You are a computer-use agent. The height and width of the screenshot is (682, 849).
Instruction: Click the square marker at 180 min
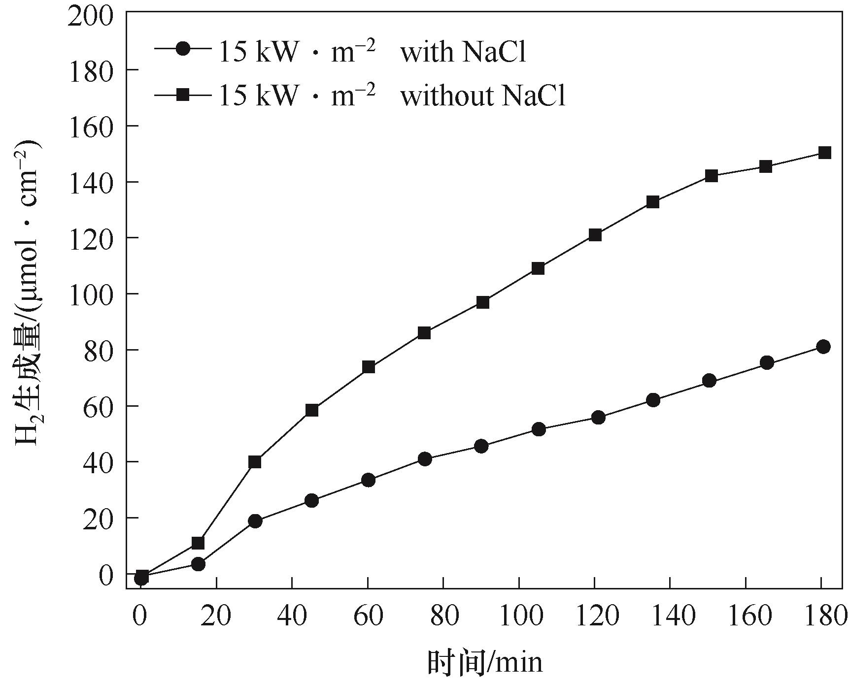pos(824,153)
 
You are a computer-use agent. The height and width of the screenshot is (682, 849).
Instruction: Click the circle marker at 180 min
pos(823,347)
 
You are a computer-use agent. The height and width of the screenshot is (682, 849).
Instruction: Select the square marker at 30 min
pos(255,462)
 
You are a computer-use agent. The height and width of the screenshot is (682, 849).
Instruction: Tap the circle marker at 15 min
pos(198,564)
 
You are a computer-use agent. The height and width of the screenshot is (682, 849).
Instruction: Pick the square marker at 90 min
pos(483,302)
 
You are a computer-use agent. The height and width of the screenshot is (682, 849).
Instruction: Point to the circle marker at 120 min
pos(598,418)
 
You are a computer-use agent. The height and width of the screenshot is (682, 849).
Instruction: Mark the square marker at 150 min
pos(711,176)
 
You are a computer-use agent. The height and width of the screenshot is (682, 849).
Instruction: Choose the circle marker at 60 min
pos(369,480)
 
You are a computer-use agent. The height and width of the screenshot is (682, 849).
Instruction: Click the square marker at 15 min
pos(198,543)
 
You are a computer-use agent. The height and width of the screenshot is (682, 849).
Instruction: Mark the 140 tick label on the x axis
pos(669,617)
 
